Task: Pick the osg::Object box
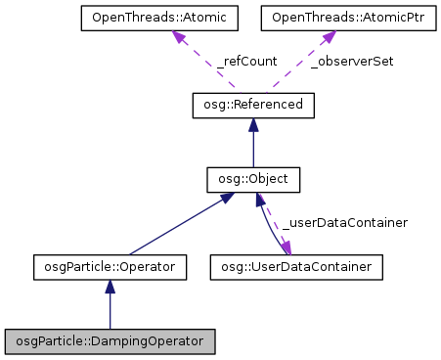click(253, 180)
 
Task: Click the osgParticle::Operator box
click(110, 265)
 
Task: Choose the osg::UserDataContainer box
click(296, 265)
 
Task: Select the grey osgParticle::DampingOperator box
click(110, 341)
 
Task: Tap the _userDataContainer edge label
click(344, 223)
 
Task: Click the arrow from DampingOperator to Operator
click(110, 308)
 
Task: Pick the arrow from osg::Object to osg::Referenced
click(253, 147)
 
